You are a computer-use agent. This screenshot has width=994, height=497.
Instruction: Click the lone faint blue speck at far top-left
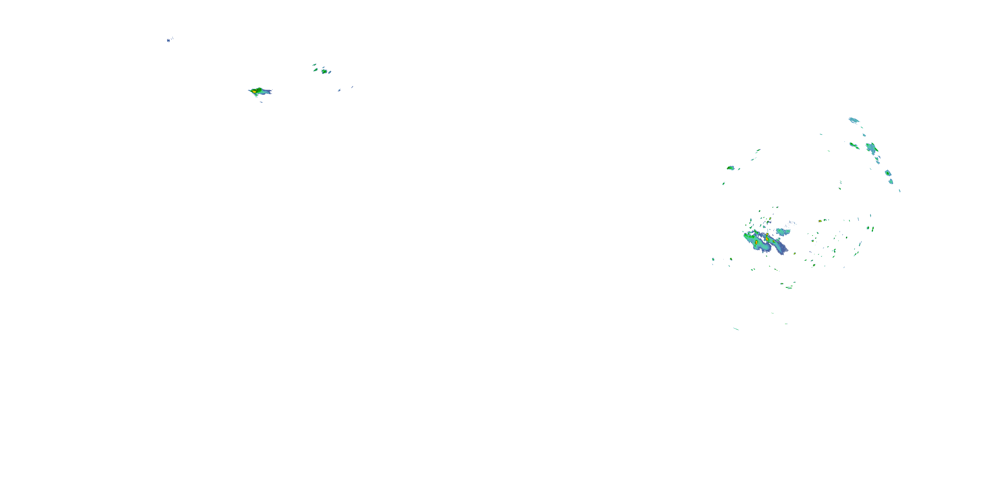169,40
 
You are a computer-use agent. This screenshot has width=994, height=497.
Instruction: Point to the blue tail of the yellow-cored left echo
267,92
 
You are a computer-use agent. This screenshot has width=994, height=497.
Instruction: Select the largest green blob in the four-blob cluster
324,71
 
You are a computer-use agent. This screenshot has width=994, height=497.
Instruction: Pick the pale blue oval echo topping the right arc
854,120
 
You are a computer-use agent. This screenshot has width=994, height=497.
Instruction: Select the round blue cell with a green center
888,173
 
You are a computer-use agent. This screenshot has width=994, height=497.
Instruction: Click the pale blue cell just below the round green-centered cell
891,181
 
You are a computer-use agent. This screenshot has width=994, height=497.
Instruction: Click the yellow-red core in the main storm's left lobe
756,242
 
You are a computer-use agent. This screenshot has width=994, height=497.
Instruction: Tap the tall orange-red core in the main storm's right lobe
767,239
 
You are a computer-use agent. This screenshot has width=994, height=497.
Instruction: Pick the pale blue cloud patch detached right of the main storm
783,232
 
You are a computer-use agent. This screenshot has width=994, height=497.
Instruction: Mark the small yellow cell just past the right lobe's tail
795,253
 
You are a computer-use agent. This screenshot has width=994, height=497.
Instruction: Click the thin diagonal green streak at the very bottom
736,329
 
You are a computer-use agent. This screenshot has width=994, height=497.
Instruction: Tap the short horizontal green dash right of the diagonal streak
786,324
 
